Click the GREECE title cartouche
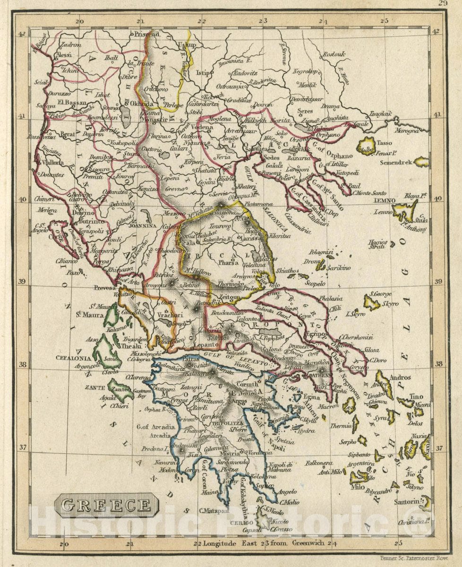(x=106, y=505)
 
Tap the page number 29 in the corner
(x=442, y=3)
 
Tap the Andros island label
(x=400, y=378)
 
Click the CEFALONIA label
(x=72, y=358)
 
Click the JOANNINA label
(x=137, y=226)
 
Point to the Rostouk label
(x=334, y=54)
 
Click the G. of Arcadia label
(x=156, y=427)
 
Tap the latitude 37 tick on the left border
(x=22, y=447)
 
